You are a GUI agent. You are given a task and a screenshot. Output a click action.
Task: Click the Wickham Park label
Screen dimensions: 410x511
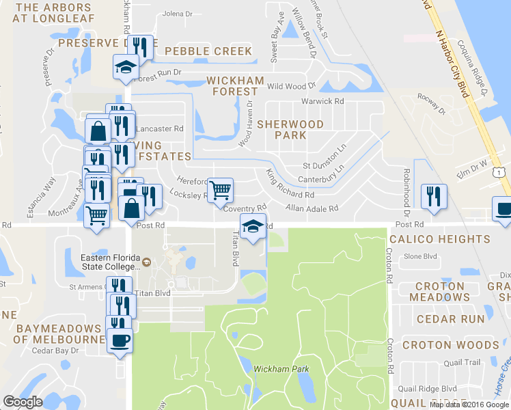tap(281, 369)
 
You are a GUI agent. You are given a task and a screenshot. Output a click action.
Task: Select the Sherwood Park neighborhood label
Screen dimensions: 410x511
tap(290, 130)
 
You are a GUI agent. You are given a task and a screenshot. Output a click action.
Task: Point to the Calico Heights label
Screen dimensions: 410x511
tap(440, 239)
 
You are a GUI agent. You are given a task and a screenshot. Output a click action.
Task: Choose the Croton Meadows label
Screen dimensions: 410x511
tap(440, 292)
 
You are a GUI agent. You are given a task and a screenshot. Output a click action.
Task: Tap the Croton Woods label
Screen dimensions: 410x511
tap(451, 345)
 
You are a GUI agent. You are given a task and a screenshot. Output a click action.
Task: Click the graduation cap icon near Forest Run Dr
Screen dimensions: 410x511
tap(126, 67)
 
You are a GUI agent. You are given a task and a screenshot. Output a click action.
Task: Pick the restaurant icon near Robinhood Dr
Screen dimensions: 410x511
tap(433, 196)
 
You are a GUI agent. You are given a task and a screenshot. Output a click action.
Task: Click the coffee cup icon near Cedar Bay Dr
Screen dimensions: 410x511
tap(120, 341)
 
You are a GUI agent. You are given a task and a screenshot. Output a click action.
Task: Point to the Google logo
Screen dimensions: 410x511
tap(23, 401)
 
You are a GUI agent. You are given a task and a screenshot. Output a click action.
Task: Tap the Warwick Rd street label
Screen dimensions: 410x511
tap(322, 101)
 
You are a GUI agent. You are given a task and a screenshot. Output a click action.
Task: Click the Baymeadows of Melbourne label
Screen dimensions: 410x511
tap(59, 334)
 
